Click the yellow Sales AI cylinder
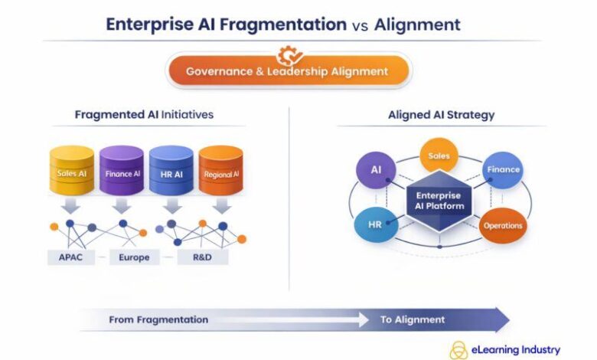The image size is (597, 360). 72,172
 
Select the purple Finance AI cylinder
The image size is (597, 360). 122,172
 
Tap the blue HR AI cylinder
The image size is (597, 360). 171,172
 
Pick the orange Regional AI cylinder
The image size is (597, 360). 221,172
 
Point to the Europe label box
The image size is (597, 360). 134,257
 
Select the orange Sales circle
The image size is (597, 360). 439,156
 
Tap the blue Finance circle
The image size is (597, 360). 502,170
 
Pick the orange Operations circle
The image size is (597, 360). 502,225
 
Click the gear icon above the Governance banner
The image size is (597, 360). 289,54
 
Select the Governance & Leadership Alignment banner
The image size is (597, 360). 289,72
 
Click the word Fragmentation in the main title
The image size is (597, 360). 283,24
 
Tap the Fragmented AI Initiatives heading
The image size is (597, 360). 144,115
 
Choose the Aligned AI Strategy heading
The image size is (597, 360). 441,115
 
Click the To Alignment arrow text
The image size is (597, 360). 413,319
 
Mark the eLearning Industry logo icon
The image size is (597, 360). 459,349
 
